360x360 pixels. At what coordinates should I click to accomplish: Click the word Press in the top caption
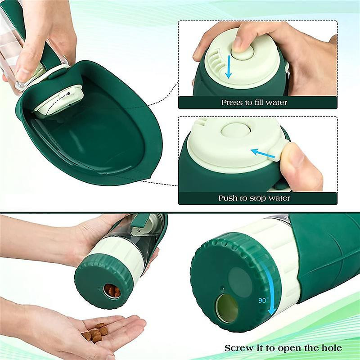click(x=231, y=103)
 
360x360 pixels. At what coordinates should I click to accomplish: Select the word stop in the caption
click(x=258, y=198)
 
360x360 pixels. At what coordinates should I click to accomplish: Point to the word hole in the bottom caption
click(x=331, y=348)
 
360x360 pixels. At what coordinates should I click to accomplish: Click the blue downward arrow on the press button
click(x=229, y=67)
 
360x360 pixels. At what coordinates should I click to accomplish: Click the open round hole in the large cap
click(x=226, y=309)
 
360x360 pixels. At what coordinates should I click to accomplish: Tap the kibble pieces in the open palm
click(x=96, y=332)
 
